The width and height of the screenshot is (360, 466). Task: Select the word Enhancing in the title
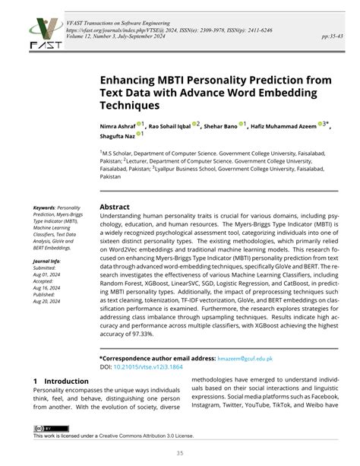tap(130, 78)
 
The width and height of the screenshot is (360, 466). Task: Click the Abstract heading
tap(115, 207)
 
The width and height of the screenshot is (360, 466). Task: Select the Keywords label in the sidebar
tap(44, 207)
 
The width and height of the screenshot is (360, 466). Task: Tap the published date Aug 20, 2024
tap(46, 302)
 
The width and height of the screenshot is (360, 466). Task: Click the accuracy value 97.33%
tap(144, 333)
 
